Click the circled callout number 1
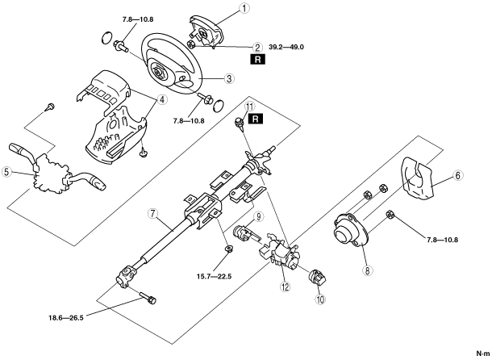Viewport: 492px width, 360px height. pyautogui.click(x=244, y=8)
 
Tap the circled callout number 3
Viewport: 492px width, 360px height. pyautogui.click(x=229, y=78)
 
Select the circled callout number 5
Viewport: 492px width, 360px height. pyautogui.click(x=6, y=172)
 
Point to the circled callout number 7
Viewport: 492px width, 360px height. pyautogui.click(x=152, y=214)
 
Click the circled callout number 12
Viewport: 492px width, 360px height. pyautogui.click(x=286, y=287)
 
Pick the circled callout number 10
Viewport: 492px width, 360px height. pyautogui.click(x=320, y=299)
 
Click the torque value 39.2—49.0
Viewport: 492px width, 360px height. pyautogui.click(x=286, y=47)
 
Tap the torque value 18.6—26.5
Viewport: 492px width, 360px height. pyautogui.click(x=66, y=317)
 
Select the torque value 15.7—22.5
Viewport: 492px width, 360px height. pyautogui.click(x=214, y=276)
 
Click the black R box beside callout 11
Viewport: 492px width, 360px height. pyautogui.click(x=256, y=119)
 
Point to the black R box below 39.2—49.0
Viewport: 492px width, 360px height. pyautogui.click(x=257, y=60)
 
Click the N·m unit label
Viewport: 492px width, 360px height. pyautogui.click(x=482, y=354)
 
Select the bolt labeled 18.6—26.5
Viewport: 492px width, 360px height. pyautogui.click(x=147, y=297)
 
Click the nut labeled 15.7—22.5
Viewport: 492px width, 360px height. pyautogui.click(x=228, y=249)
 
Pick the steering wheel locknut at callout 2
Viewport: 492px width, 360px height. pyautogui.click(x=191, y=44)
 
